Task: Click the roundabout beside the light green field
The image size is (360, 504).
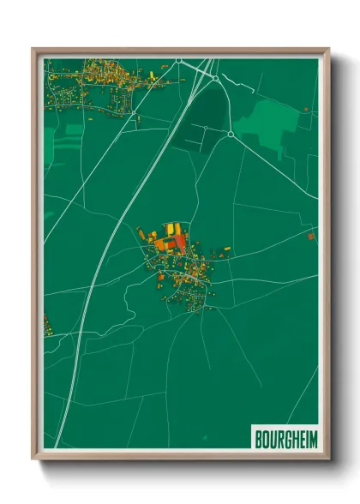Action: pyautogui.click(x=231, y=135)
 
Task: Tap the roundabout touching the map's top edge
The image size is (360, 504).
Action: pyautogui.click(x=178, y=60)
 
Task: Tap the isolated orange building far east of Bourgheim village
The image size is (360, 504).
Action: pyautogui.click(x=310, y=234)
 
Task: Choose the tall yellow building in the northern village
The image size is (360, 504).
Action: pyautogui.click(x=153, y=76)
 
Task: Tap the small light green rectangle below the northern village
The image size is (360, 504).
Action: pyautogui.click(x=75, y=129)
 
